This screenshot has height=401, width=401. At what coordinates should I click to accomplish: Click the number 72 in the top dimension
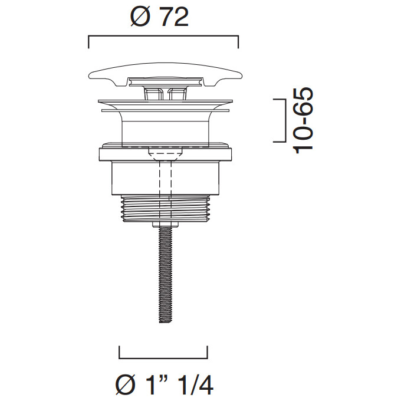point(175,17)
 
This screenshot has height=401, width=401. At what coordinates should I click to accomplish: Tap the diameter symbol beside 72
point(140,17)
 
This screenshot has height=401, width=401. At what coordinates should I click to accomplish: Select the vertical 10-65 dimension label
point(304,120)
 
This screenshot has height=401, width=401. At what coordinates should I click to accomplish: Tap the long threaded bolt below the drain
point(166,275)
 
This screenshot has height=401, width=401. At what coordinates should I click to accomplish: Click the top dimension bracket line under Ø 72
point(163,37)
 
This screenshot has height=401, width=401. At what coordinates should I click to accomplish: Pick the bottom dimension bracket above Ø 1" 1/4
point(163,358)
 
